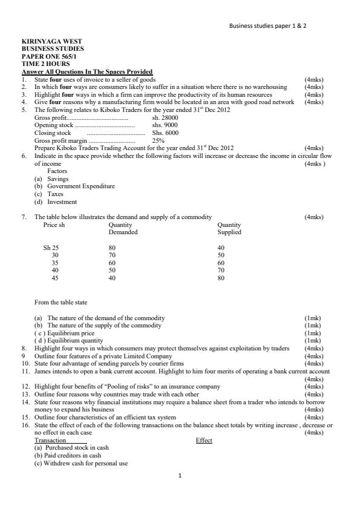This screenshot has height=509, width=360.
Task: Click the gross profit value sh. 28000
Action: pyautogui.click(x=165, y=117)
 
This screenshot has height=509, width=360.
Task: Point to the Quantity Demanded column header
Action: pyautogui.click(x=123, y=228)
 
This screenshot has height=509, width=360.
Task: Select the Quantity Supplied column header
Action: pyautogui.click(x=229, y=228)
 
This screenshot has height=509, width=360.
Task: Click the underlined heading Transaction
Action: pyautogui.click(x=50, y=441)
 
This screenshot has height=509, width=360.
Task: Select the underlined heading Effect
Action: pyautogui.click(x=204, y=441)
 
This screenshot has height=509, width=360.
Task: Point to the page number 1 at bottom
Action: pyautogui.click(x=180, y=476)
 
